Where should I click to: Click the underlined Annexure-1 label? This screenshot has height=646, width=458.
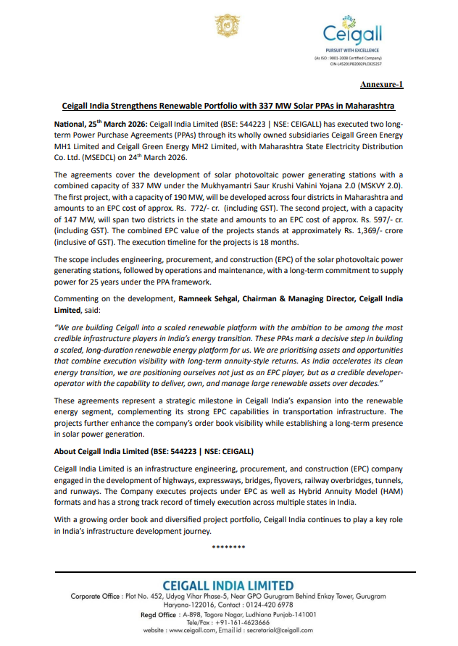pyautogui.click(x=381, y=85)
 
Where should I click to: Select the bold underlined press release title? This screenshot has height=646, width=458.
pyautogui.click(x=228, y=105)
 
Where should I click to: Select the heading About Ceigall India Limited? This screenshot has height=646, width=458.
pyautogui.click(x=154, y=450)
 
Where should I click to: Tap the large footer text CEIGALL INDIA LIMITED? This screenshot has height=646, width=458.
pyautogui.click(x=228, y=585)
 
